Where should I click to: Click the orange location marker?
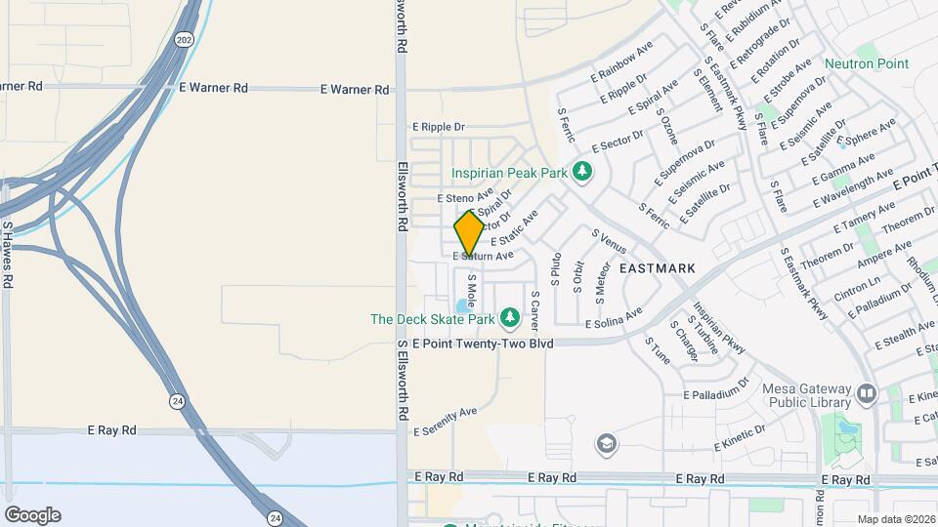tap(469, 232)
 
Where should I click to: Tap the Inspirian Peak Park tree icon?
tap(582, 173)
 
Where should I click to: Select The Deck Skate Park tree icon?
tap(509, 318)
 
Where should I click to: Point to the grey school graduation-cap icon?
tap(607, 445)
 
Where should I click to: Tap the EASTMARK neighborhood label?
tap(658, 267)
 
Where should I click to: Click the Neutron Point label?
tap(866, 64)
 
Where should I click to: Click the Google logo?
tap(32, 514)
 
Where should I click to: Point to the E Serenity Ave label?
tap(445, 421)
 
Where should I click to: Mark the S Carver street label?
tap(534, 308)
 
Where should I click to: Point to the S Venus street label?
tap(609, 240)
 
